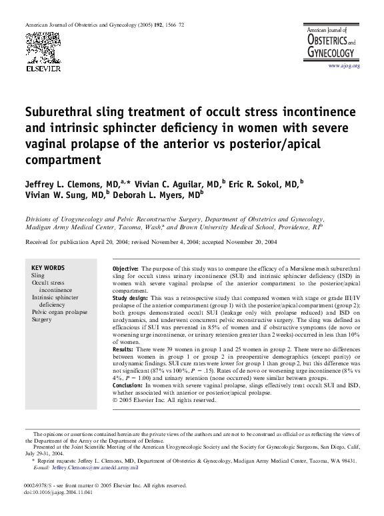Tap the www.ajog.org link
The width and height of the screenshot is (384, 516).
[343, 66]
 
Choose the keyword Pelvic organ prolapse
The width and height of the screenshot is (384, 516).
[59, 311]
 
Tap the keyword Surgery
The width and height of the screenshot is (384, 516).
[41, 319]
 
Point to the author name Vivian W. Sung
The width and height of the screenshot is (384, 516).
[57, 195]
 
